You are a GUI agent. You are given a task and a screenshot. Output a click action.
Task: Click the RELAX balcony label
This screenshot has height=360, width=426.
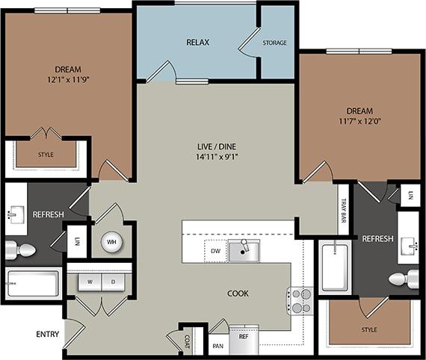(x=197, y=42)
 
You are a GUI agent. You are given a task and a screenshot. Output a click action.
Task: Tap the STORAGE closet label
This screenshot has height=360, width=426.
(x=274, y=43)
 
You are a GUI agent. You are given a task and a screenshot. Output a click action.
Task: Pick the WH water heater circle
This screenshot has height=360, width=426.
(x=111, y=242)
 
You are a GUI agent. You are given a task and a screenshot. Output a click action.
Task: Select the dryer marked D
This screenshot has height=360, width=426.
(x=114, y=282)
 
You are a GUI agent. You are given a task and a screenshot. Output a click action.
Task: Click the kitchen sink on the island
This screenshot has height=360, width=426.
(x=244, y=251)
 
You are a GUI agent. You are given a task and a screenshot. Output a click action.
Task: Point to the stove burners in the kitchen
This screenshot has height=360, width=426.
(x=300, y=300)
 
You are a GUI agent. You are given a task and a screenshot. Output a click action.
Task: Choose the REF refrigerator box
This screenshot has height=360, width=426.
(x=243, y=337)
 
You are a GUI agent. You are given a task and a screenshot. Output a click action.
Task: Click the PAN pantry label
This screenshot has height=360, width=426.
(x=217, y=346)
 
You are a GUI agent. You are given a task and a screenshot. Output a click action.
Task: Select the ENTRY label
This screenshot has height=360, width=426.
(x=47, y=334)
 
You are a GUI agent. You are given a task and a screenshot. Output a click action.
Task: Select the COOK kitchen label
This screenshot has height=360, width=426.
(x=238, y=294)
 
